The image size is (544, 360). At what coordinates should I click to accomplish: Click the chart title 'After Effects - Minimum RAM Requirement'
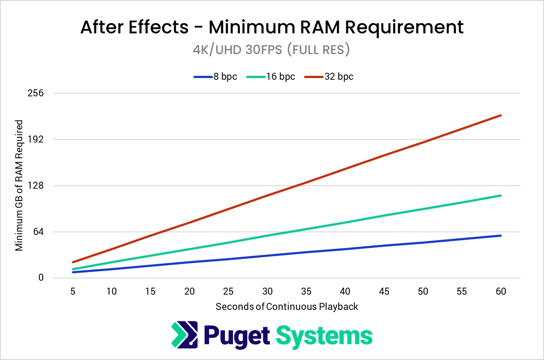tap(272, 27)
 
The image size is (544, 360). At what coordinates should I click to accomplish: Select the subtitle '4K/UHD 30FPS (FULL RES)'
tap(271, 50)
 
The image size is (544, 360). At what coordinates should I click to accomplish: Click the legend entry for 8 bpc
tap(215, 77)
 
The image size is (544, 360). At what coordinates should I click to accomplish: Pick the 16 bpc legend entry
tap(270, 77)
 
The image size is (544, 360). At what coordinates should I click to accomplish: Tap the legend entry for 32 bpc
tap(329, 77)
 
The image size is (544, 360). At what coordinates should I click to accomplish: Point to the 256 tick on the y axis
tap(35, 93)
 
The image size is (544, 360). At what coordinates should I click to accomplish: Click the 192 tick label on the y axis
tap(35, 139)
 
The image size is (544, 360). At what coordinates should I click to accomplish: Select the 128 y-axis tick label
tap(35, 186)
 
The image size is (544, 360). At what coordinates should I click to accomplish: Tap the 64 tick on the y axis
tap(38, 232)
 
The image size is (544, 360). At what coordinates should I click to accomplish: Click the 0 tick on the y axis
tap(41, 278)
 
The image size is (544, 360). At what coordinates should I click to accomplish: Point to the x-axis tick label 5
tap(73, 291)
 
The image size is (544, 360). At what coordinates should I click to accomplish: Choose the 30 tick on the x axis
tap(267, 291)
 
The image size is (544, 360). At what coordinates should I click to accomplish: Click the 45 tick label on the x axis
tap(384, 291)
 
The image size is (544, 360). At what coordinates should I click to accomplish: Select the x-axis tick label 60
tap(501, 291)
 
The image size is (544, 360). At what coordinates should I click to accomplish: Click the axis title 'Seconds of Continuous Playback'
tap(287, 307)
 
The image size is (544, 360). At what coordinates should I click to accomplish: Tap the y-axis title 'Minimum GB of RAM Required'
tap(19, 185)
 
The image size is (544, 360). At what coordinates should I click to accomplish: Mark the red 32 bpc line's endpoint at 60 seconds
tap(501, 115)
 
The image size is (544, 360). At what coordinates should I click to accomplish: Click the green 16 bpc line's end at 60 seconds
tap(501, 195)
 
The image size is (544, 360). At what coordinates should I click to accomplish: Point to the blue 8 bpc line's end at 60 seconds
tap(501, 235)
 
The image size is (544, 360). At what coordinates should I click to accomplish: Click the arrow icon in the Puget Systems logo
tap(185, 335)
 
